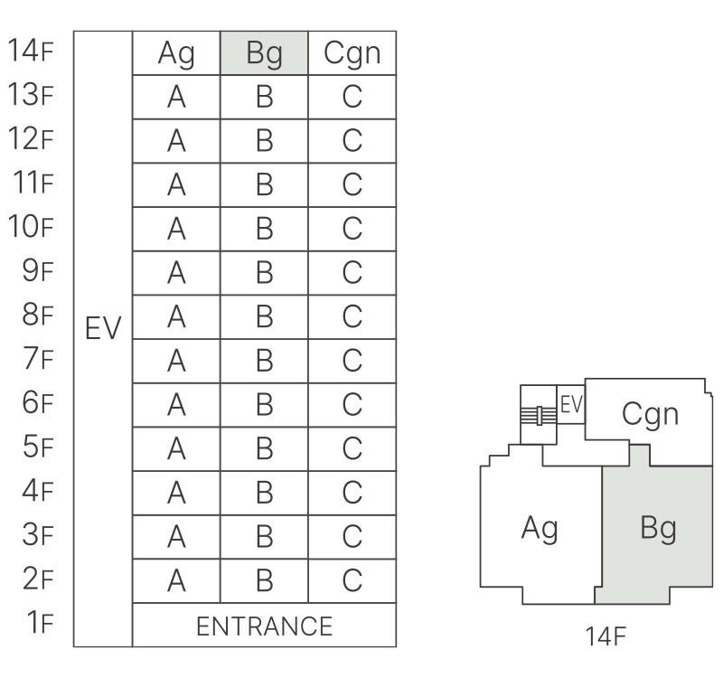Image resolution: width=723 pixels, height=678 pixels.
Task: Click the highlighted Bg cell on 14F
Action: pyautogui.click(x=265, y=54)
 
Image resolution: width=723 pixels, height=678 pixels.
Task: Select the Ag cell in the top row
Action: pyautogui.click(x=176, y=54)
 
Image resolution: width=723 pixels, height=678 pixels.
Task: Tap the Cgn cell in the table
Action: pyautogui.click(x=352, y=54)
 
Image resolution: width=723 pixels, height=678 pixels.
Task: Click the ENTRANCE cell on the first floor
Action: pyautogui.click(x=264, y=626)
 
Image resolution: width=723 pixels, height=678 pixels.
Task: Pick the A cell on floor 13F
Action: pyautogui.click(x=176, y=98)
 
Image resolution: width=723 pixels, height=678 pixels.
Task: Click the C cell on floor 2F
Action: pyautogui.click(x=352, y=581)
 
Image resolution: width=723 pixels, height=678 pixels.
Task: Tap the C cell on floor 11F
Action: pyautogui.click(x=352, y=185)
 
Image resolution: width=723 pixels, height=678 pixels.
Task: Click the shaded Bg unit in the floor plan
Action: pyautogui.click(x=657, y=528)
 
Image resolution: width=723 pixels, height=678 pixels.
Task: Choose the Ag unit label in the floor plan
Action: pyautogui.click(x=540, y=528)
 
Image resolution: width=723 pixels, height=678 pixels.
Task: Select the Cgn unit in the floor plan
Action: pyautogui.click(x=650, y=413)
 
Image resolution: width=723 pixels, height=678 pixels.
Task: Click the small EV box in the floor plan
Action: pyautogui.click(x=571, y=405)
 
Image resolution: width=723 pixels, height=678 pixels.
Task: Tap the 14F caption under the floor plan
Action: pyautogui.click(x=605, y=637)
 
